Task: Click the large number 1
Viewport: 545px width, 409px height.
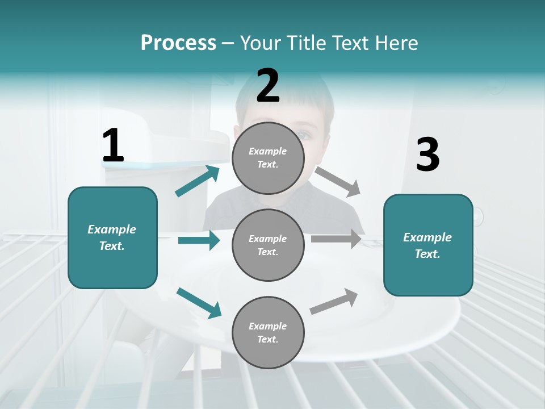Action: [x=113, y=145]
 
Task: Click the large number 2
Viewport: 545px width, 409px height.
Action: [x=268, y=86]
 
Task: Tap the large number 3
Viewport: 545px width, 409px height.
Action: [x=428, y=155]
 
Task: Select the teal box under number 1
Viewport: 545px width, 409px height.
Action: [x=112, y=237]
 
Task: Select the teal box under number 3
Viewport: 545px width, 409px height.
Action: [x=428, y=245]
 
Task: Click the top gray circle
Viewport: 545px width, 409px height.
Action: [x=268, y=158]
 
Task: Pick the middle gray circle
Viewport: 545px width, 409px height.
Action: [x=268, y=245]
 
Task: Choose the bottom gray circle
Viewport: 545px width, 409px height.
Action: [x=268, y=332]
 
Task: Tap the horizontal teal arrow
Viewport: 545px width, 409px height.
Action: [x=199, y=240]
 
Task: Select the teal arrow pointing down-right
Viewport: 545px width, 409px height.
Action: [x=199, y=303]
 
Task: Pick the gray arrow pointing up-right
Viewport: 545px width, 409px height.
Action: [x=334, y=301]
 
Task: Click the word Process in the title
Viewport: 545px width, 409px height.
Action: [x=178, y=43]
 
